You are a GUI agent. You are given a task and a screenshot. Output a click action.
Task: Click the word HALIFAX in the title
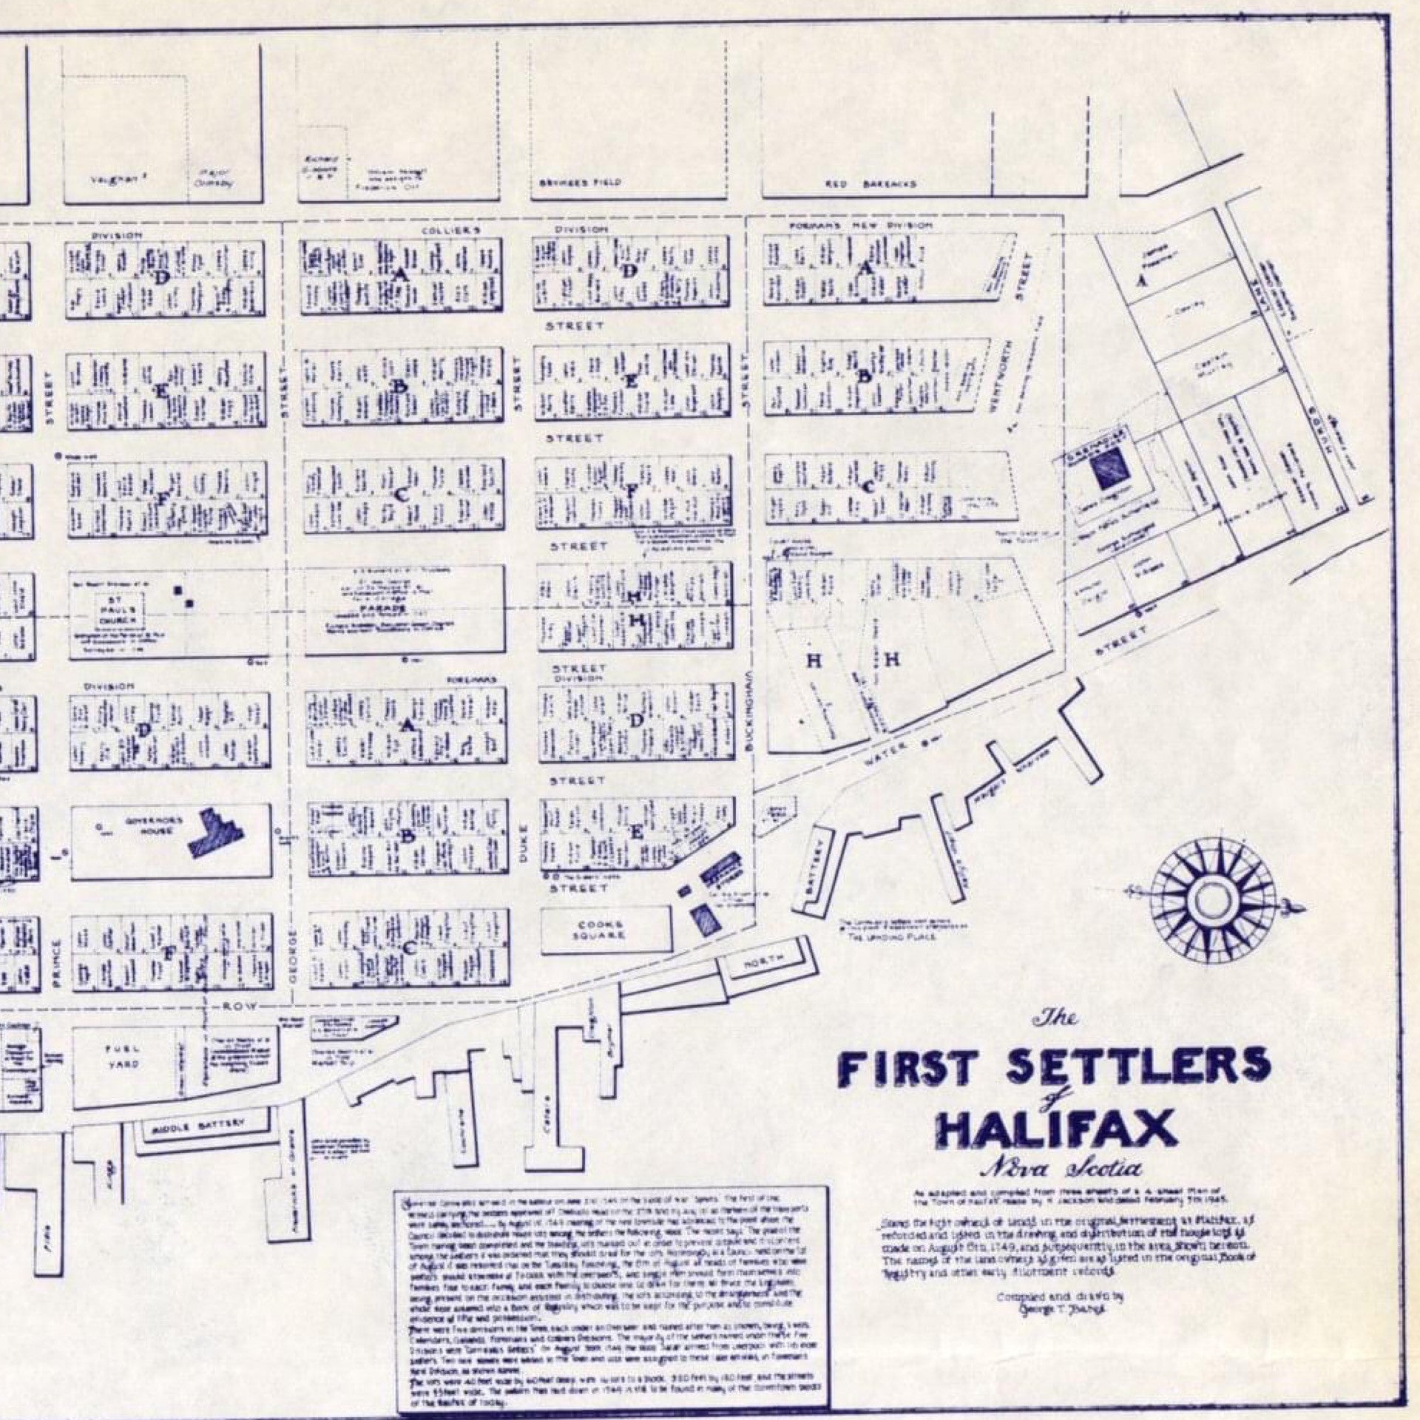point(1057,1127)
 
